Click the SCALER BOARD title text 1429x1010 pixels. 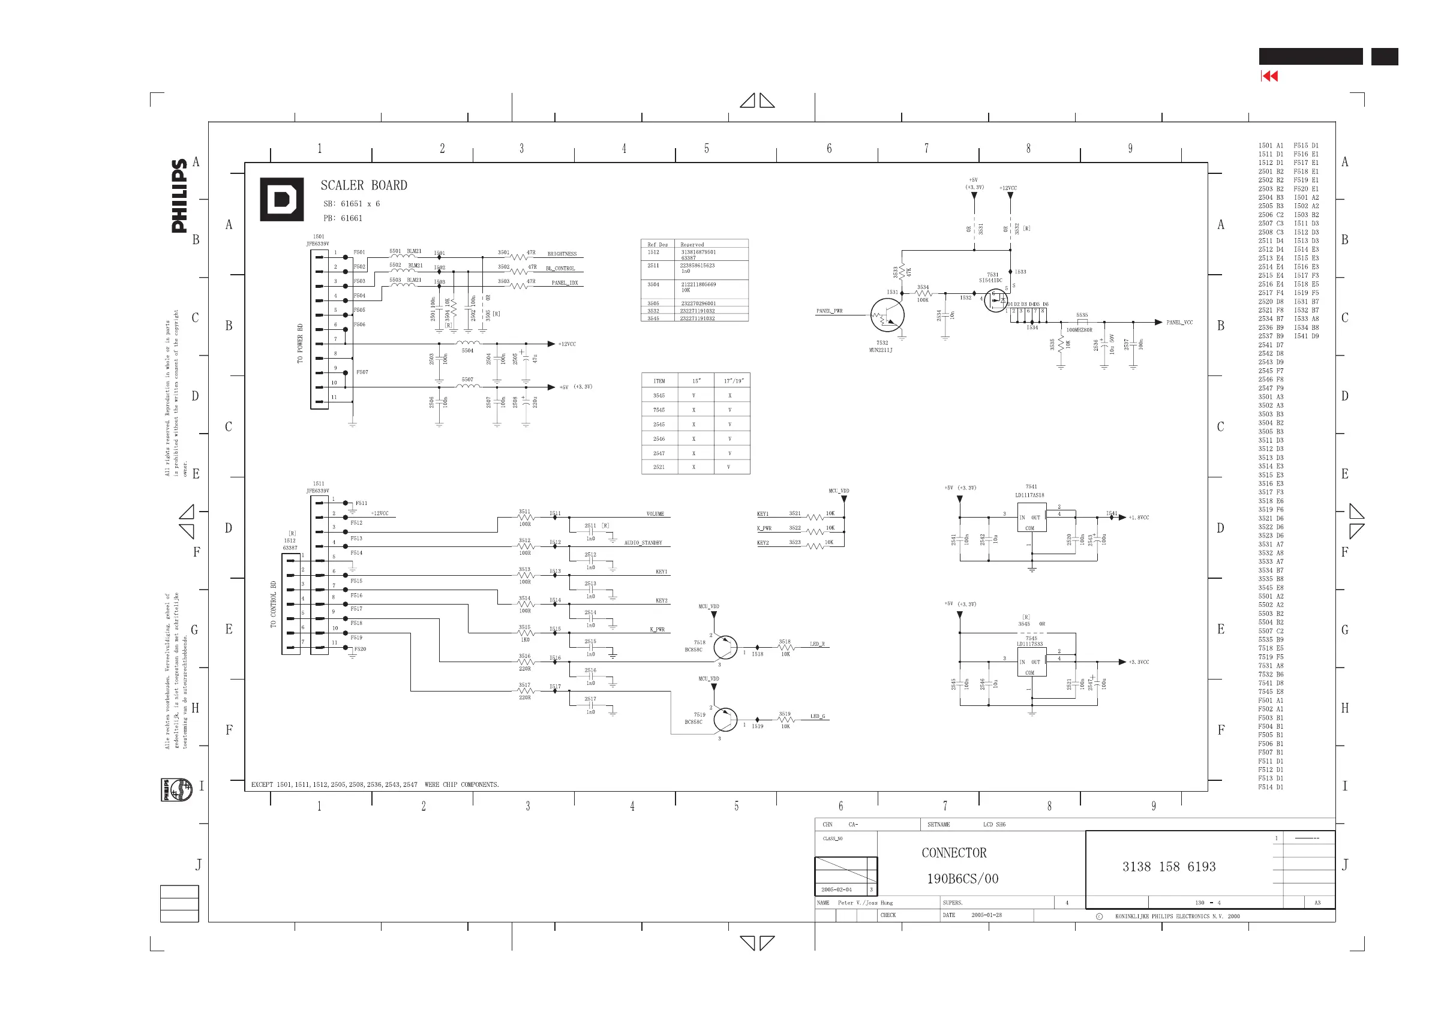click(x=364, y=185)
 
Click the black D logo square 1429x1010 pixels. click(x=281, y=199)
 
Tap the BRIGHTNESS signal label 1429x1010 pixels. click(x=562, y=254)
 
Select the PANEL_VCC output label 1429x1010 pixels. click(x=1179, y=322)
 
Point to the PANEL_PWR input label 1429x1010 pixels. click(x=829, y=311)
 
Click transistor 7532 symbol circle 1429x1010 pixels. click(x=887, y=315)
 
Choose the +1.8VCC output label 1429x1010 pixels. click(x=1139, y=518)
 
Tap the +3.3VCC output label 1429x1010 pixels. click(x=1139, y=662)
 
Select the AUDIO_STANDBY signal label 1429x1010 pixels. click(x=643, y=543)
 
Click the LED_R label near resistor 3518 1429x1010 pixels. click(x=816, y=644)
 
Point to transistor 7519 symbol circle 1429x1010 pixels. click(x=725, y=719)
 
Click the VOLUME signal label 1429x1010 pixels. click(x=655, y=514)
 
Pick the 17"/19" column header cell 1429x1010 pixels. click(x=732, y=381)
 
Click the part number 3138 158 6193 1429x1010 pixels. click(x=1168, y=867)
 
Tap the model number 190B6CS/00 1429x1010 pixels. click(x=962, y=879)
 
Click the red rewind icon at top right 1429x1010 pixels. click(x=1269, y=76)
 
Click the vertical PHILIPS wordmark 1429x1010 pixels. click(x=179, y=196)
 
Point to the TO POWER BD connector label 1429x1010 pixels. click(x=300, y=343)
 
